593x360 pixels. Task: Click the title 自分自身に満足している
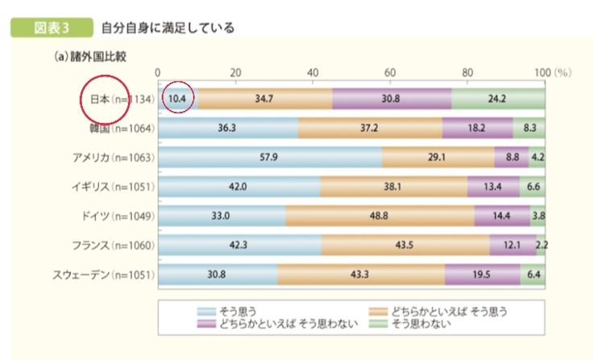(x=168, y=28)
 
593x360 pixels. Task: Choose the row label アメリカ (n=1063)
(x=112, y=157)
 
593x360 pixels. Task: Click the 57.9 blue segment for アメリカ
(x=270, y=157)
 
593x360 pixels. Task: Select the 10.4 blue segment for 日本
(x=178, y=99)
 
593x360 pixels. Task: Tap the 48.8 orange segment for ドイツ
(x=379, y=216)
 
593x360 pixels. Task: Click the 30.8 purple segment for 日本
(x=392, y=99)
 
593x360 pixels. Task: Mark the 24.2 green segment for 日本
(x=498, y=99)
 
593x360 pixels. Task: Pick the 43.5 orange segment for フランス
(x=405, y=245)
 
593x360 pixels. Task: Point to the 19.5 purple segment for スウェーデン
(x=482, y=274)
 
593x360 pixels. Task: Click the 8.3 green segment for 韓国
(x=529, y=128)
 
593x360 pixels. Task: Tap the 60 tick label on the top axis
(x=390, y=72)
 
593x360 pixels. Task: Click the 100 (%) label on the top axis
(x=552, y=72)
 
